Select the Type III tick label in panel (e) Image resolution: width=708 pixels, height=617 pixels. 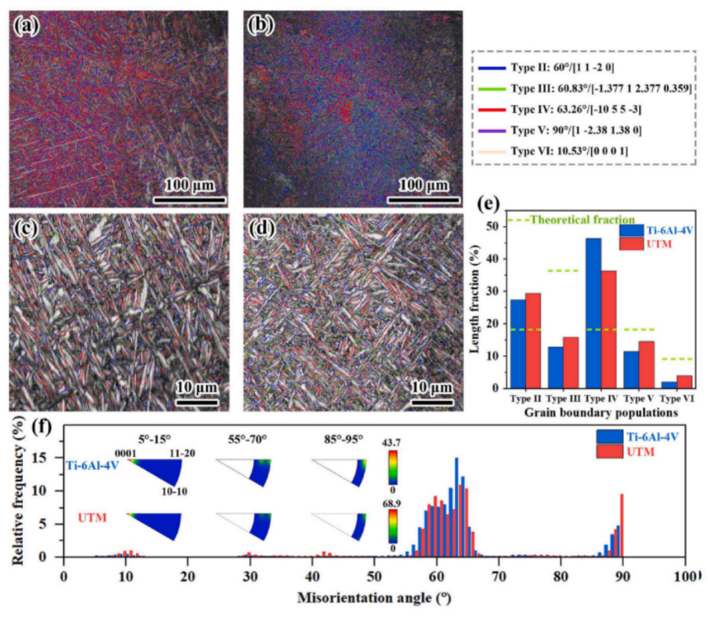click(x=562, y=398)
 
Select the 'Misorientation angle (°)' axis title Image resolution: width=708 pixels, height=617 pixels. click(x=374, y=599)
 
